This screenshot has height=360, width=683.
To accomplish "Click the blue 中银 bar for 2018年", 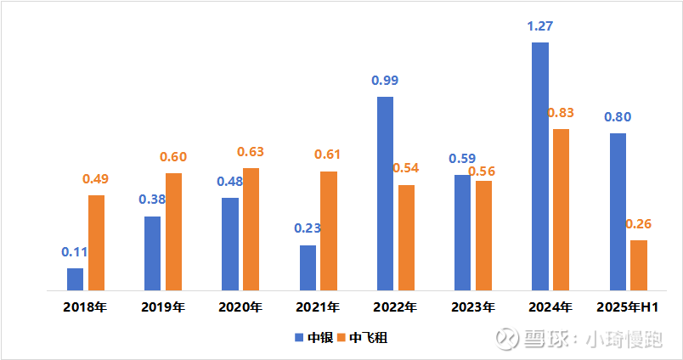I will click(x=76, y=279).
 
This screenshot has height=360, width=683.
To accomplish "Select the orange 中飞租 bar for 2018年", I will click(x=97, y=243).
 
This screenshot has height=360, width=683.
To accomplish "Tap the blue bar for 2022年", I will click(x=385, y=194).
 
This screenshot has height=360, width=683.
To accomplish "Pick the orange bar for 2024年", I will click(x=561, y=210).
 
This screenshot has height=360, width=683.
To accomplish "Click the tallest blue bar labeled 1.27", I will click(x=540, y=166).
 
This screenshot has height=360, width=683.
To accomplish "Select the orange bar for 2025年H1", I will click(x=639, y=265).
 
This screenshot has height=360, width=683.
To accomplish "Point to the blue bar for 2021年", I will click(x=308, y=267).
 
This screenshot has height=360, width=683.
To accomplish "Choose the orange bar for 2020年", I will click(x=251, y=229).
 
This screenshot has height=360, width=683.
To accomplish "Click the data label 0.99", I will click(x=385, y=81).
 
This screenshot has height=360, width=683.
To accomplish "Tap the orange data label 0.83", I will click(x=561, y=113).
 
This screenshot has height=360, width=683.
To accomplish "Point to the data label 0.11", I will click(x=76, y=252).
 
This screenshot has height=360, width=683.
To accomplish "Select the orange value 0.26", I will click(x=639, y=224).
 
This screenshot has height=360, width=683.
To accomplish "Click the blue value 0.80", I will click(x=618, y=117).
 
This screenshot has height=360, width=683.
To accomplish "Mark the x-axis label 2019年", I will click(x=163, y=307).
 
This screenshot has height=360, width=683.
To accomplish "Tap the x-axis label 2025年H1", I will click(x=629, y=307).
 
